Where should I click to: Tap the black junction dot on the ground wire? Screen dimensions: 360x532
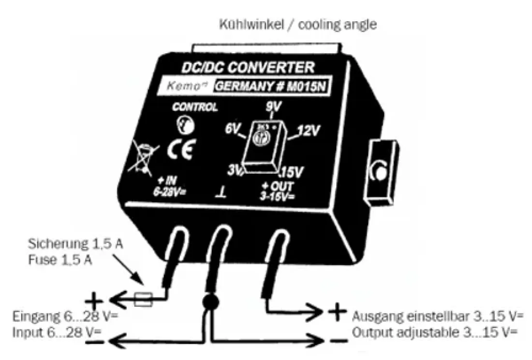(209, 300)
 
